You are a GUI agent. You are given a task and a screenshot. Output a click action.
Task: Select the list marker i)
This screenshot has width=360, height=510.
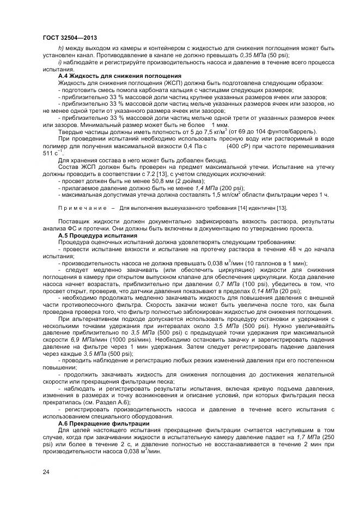click(x=60, y=64)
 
